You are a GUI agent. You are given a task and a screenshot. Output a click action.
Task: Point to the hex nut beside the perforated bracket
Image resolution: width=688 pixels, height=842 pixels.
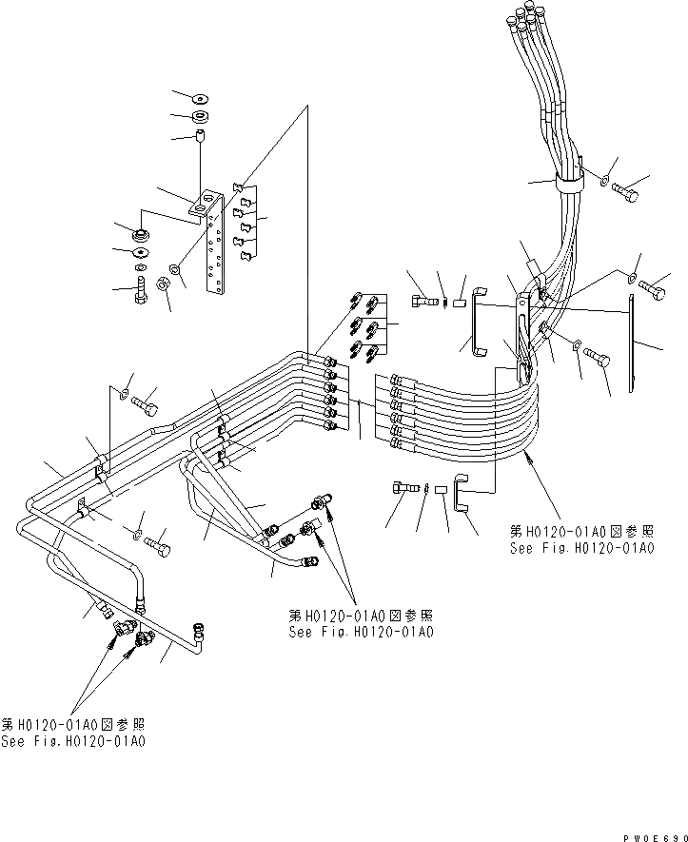pos(162,283)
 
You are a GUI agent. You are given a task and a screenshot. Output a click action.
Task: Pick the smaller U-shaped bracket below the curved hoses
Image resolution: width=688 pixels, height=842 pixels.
pos(461,495)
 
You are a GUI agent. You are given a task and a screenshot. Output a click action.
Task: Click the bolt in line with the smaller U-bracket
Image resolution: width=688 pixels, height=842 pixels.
pos(403,488)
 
